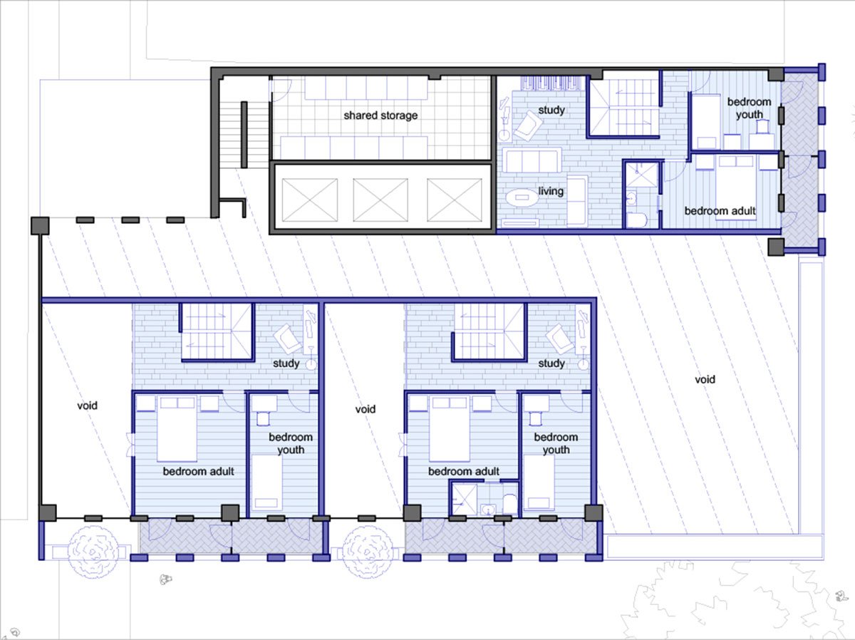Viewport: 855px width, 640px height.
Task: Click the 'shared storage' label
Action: [380, 115]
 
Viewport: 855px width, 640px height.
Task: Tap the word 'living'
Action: [551, 191]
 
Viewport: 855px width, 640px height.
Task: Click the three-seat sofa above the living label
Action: [532, 160]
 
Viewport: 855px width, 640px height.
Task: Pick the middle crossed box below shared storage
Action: [380, 200]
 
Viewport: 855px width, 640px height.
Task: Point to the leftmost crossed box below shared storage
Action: [310, 200]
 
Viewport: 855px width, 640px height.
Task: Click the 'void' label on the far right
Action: [705, 379]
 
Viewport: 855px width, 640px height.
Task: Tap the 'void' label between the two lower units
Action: [365, 409]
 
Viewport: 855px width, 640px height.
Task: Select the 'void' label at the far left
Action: [87, 406]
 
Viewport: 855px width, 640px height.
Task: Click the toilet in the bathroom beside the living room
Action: [636, 220]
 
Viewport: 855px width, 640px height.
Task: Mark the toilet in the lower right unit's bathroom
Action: [510, 504]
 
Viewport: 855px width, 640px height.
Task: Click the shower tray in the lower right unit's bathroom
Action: [464, 500]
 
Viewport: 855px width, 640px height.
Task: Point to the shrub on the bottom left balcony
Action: [93, 551]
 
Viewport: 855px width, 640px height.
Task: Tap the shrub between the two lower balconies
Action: [368, 552]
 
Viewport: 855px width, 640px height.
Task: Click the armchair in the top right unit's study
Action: [527, 125]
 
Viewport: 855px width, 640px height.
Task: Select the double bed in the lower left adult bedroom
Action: [177, 429]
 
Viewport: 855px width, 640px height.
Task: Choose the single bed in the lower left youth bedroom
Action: [266, 482]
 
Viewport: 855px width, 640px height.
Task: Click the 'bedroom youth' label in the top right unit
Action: [749, 108]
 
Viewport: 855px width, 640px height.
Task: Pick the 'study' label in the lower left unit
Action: [286, 363]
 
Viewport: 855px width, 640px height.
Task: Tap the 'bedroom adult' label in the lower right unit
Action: [464, 471]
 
